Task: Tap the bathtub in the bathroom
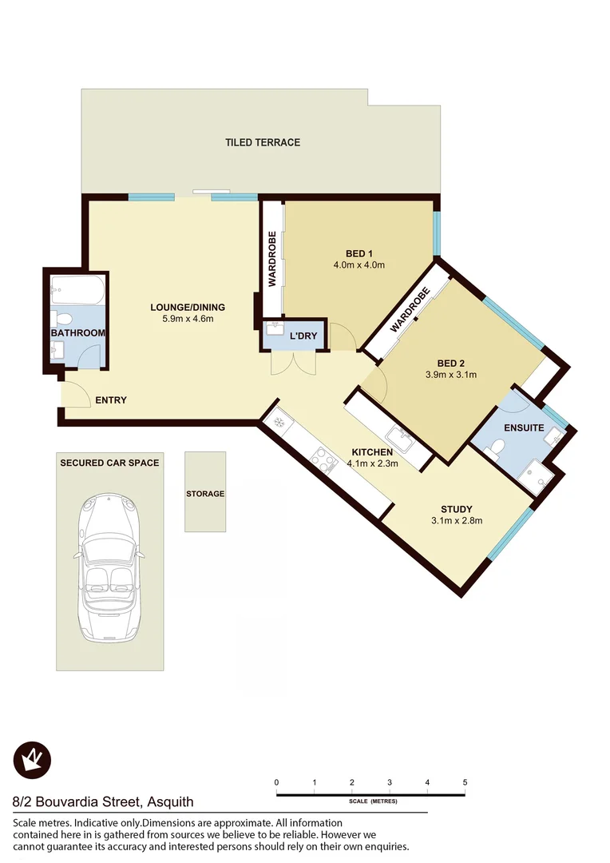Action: tap(77, 290)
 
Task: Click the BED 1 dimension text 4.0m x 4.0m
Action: tap(359, 265)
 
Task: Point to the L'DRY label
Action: tap(303, 336)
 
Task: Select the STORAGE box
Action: tap(205, 492)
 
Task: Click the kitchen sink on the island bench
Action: tap(399, 437)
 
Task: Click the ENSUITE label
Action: tap(524, 428)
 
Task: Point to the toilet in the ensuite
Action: tap(495, 453)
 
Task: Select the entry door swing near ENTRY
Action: tap(76, 393)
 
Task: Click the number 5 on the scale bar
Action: tap(465, 782)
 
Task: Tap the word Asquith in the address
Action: tap(167, 802)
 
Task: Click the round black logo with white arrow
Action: tap(32, 759)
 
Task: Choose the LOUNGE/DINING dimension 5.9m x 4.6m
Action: tap(188, 319)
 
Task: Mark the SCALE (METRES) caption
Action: tap(373, 801)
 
